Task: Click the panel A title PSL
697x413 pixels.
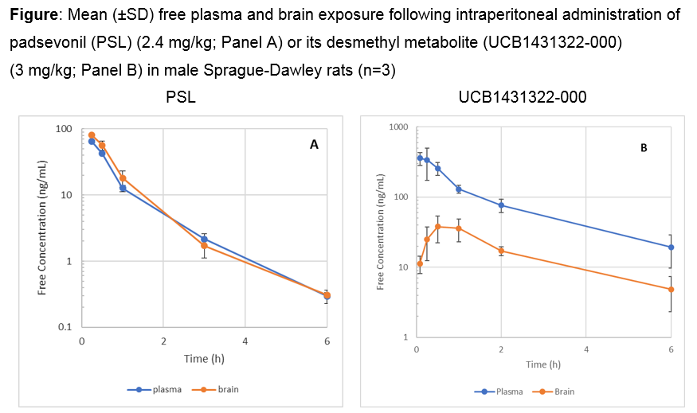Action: (181, 98)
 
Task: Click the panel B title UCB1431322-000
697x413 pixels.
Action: (522, 98)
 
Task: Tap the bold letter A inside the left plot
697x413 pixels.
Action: (314, 145)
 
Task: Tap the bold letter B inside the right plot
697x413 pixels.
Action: (644, 147)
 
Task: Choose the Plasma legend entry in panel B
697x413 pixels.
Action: (502, 391)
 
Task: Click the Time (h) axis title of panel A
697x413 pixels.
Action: (204, 360)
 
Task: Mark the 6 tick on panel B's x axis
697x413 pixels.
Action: (671, 349)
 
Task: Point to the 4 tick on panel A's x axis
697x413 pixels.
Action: (245, 341)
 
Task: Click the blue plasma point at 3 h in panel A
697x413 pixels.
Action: (204, 239)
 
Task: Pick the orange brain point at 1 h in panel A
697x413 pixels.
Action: (123, 178)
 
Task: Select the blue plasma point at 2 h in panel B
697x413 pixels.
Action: (501, 205)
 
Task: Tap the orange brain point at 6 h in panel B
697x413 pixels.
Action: (671, 290)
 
